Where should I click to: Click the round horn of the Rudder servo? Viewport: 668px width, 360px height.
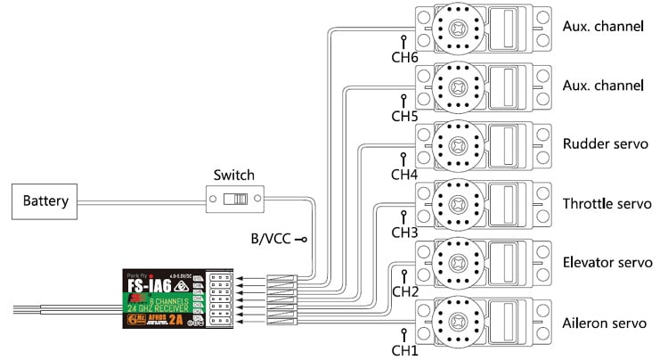pos(456,146)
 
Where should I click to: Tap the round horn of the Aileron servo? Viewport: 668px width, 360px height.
pos(456,323)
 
